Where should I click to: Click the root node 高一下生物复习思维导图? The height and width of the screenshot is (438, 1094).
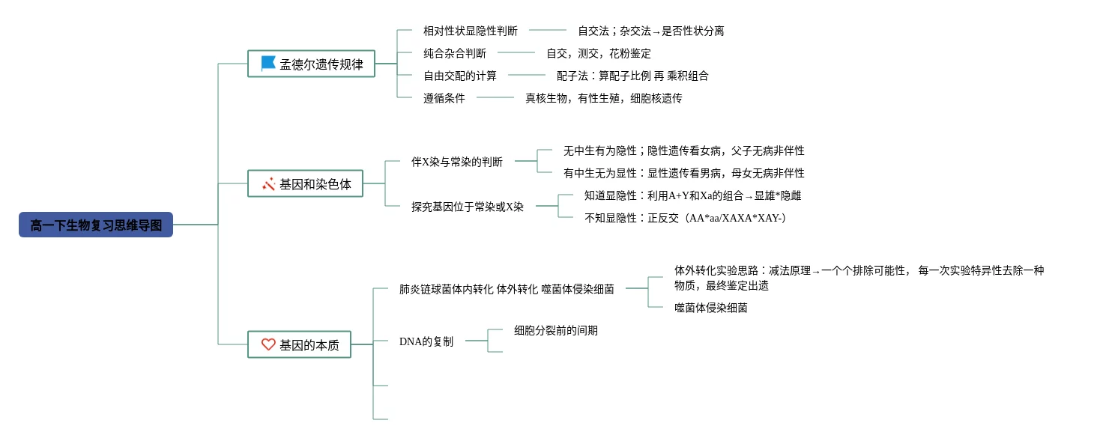[96, 225]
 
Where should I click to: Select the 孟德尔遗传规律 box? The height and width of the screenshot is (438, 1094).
[311, 64]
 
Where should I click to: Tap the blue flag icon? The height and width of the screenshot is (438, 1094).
[268, 64]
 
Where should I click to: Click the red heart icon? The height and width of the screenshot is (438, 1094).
[268, 344]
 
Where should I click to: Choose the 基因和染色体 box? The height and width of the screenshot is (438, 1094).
[305, 183]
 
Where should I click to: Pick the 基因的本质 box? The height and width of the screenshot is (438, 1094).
[300, 344]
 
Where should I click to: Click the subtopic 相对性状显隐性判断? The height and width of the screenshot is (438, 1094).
[471, 31]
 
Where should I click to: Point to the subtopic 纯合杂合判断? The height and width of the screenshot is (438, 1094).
[455, 53]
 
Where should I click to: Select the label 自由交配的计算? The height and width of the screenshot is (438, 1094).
[460, 76]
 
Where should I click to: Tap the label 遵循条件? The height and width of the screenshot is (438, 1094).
[444, 98]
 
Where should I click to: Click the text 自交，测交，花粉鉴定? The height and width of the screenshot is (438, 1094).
[598, 53]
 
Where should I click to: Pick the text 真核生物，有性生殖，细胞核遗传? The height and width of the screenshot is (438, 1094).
[604, 98]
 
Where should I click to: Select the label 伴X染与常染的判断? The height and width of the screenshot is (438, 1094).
[456, 162]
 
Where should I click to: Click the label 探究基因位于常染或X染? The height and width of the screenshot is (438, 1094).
[468, 207]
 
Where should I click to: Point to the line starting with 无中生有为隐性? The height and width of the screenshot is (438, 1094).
[683, 150]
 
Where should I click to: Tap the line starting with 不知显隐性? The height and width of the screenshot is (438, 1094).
[685, 218]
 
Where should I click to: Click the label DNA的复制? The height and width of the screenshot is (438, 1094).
[426, 341]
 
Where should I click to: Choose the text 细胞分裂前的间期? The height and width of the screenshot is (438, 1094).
[556, 330]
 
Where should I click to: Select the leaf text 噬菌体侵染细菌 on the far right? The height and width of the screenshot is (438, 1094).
[710, 308]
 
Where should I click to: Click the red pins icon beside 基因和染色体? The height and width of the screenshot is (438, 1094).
[268, 184]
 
